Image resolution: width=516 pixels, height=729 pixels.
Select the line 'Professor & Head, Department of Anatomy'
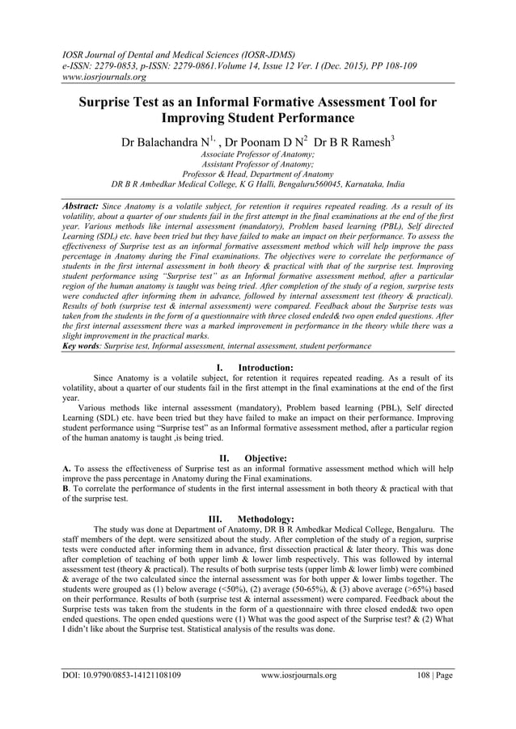point(258,173)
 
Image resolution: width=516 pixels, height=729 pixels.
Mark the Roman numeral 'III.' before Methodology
point(218,518)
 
